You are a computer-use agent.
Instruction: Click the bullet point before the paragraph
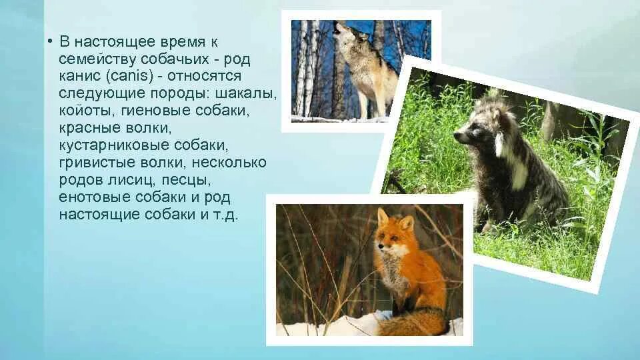coord(50,41)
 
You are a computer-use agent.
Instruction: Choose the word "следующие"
coord(95,93)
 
